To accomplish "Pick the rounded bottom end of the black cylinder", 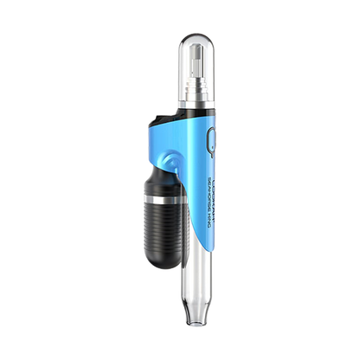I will [162, 264].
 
